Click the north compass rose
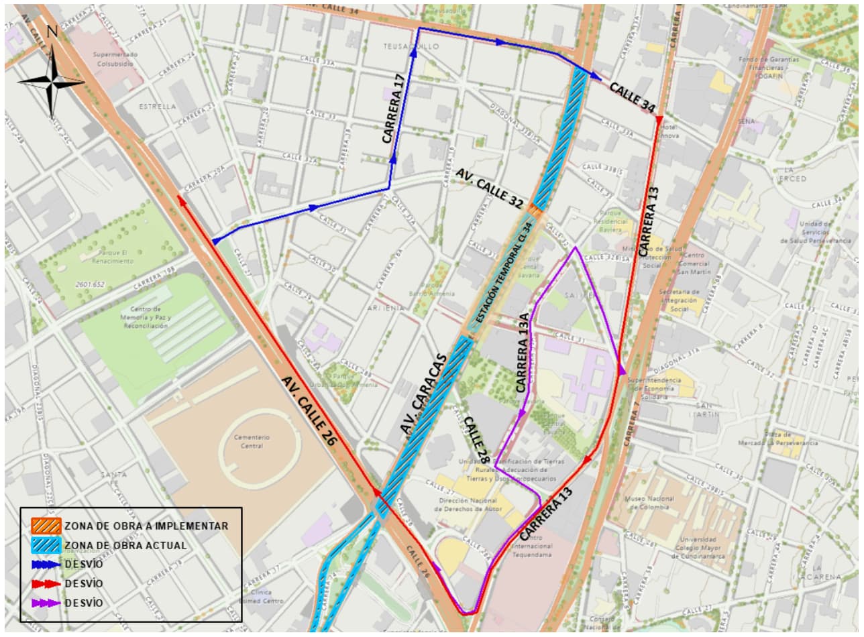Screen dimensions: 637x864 point(51,81)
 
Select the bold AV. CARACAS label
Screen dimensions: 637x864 point(424,393)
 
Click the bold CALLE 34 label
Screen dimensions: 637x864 point(632,97)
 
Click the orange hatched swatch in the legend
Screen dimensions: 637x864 point(45,526)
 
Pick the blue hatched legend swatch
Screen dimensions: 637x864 point(45,545)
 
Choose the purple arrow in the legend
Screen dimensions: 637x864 point(45,603)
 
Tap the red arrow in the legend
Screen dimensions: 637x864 point(45,583)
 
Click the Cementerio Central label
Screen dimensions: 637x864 point(252,441)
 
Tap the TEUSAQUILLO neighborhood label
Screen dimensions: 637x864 point(402,46)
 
